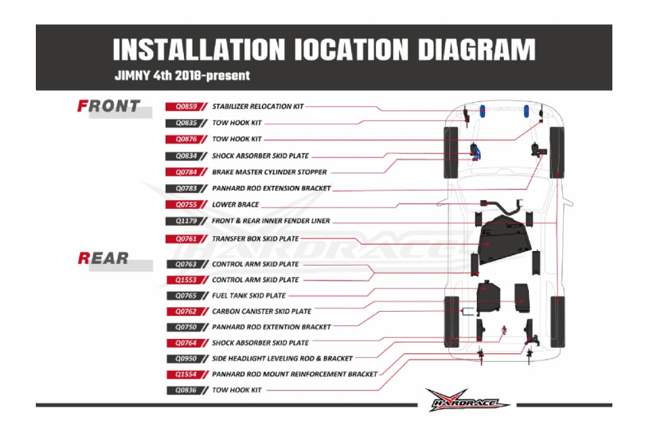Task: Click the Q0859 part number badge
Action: pos(182,106)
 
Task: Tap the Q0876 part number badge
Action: pos(182,139)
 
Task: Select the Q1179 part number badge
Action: pos(182,221)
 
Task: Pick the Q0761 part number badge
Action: pos(182,238)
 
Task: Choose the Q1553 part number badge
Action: pos(182,280)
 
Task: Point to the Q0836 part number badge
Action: pos(182,390)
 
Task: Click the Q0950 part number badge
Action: pos(182,359)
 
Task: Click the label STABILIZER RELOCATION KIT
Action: pos(257,106)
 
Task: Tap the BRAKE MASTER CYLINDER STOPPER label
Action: pos(269,171)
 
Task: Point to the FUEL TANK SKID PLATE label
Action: pos(248,296)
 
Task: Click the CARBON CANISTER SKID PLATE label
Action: pos(261,312)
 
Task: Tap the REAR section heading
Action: pos(104,258)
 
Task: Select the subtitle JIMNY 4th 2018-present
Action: pos(182,77)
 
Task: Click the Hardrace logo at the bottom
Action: pos(467,400)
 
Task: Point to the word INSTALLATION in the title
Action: pos(199,49)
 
